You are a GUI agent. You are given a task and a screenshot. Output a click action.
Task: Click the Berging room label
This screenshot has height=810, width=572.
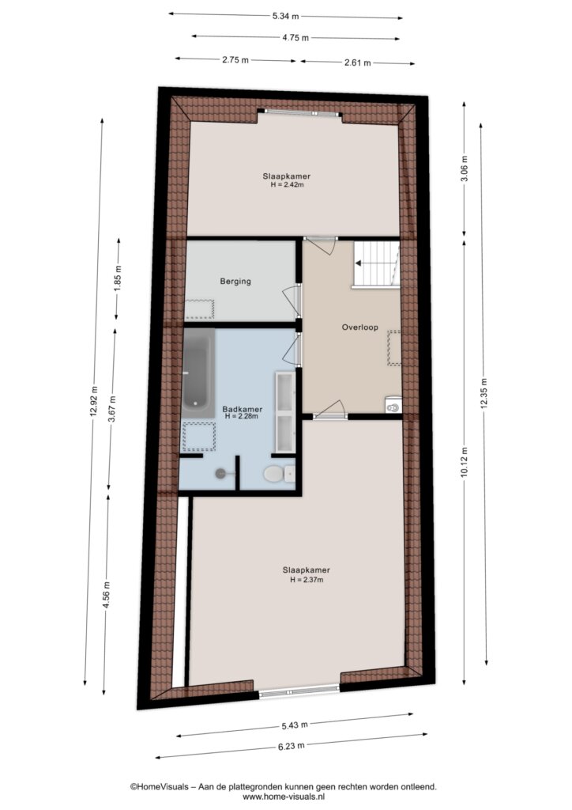pos(235,282)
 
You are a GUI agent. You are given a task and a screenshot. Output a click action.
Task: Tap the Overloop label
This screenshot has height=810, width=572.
pos(360,327)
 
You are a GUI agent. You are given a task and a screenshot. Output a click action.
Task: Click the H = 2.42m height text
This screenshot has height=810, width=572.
pos(287,184)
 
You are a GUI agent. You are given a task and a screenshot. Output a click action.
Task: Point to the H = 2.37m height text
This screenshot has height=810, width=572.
pos(307,580)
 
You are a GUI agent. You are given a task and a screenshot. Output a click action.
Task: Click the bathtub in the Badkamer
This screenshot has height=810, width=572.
pos(198,373)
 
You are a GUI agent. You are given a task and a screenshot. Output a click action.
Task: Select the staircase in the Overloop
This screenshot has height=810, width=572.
pos(376,263)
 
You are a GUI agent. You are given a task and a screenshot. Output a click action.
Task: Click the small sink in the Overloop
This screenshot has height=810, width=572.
pos(393,405)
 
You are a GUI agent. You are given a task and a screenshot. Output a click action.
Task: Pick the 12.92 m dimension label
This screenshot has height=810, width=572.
pos(93,401)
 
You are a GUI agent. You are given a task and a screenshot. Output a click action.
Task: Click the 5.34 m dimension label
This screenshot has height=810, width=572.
pos(286,16)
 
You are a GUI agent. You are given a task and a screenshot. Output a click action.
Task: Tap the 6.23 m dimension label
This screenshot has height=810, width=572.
pos(291,746)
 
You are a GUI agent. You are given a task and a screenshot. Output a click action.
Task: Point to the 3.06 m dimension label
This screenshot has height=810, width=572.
pos(465,168)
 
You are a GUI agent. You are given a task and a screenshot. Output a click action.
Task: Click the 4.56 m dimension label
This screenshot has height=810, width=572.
pos(107,595)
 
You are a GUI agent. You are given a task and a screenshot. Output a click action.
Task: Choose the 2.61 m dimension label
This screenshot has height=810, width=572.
pos(357,63)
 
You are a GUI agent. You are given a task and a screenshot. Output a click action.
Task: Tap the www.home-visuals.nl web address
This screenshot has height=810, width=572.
pos(283,797)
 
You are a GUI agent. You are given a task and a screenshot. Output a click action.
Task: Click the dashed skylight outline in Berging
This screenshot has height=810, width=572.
pos(199,309)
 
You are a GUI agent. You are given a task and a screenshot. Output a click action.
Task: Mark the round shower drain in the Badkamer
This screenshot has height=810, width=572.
pos(221,473)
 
